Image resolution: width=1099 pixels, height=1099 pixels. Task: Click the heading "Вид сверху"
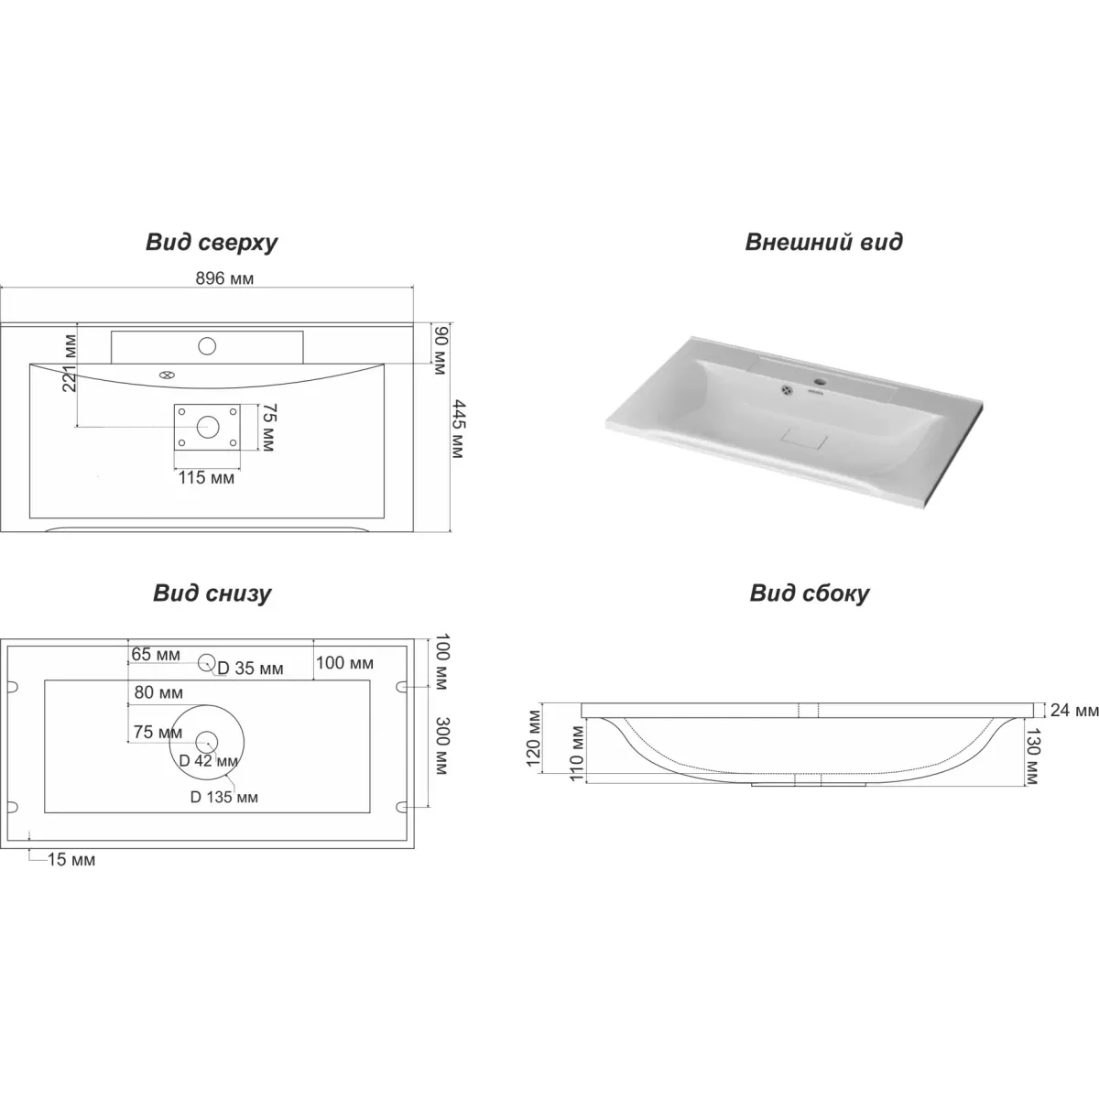point(212,243)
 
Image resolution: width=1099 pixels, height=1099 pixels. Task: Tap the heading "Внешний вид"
point(823,241)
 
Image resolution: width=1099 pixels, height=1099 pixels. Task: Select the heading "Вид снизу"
point(212,593)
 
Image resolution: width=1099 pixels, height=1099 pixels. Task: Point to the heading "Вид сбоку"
point(810,593)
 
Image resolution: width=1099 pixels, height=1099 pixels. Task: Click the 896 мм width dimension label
point(224,278)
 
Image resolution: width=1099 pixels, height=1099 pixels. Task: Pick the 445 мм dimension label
point(458,429)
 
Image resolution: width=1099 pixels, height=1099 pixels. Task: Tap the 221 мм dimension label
point(69,364)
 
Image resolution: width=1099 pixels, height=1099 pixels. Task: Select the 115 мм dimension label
point(206,477)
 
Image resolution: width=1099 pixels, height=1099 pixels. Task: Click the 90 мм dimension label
point(441,350)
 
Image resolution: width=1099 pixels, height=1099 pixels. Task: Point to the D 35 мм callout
point(250,669)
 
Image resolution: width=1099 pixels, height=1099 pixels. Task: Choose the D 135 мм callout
point(223,797)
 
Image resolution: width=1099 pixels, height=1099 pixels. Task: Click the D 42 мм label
point(208,760)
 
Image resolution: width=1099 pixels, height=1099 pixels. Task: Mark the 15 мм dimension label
point(71,859)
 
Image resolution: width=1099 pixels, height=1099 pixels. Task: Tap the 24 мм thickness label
point(1074,710)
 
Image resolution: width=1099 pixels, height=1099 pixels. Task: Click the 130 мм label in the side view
point(1033,756)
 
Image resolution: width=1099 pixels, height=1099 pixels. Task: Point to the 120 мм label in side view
point(533,738)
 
